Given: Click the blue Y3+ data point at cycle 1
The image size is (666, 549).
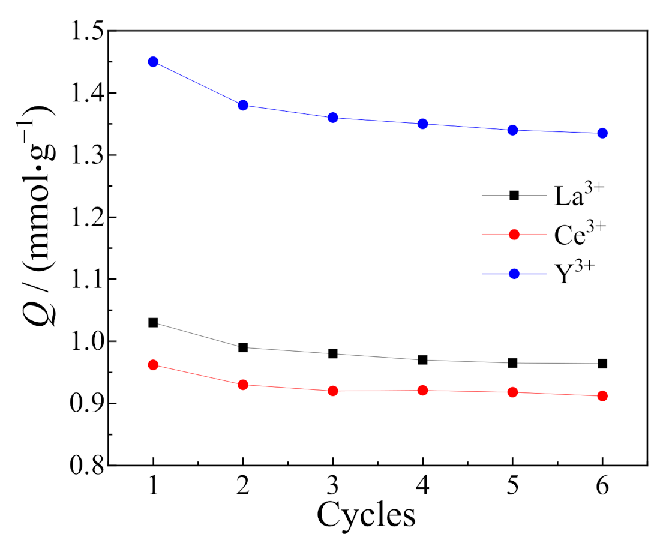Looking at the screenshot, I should pos(153,62).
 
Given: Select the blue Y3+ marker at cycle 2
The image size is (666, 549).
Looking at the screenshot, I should pos(243,105).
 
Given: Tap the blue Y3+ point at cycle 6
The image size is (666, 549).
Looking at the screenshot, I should pos(602,133).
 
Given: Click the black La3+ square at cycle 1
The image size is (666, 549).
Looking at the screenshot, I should pos(153,323).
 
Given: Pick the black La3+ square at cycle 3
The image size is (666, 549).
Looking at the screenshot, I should pos(333,354).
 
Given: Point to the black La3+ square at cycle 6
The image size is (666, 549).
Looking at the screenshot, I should pos(602,364).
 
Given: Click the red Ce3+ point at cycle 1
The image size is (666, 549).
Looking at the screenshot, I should pos(153,365).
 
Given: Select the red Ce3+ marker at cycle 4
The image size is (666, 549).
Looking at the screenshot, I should pos(422,391).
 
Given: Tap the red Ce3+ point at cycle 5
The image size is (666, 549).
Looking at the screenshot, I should pos(512,392).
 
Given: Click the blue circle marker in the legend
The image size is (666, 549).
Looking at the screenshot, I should pos(514,274).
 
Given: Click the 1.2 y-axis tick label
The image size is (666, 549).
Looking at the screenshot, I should pos(87,217).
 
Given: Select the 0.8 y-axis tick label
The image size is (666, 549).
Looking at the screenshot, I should pos(87,466).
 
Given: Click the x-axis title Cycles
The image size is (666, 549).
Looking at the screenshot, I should pos(366,515).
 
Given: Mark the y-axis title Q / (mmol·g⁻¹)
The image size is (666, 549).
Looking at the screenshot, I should pos(39,213).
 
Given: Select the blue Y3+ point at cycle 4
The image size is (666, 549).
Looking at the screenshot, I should pos(422,124).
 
